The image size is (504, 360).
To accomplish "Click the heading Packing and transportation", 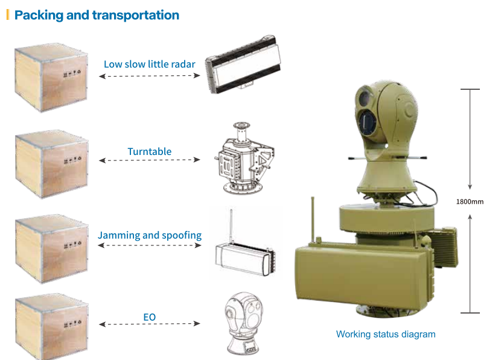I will pyautogui.click(x=97, y=15).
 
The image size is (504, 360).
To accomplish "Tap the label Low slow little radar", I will pyautogui.click(x=149, y=64).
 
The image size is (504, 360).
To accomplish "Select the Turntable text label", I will pyautogui.click(x=150, y=151).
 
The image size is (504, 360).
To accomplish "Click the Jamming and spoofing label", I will pyautogui.click(x=150, y=235).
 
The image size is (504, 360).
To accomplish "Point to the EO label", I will pyautogui.click(x=150, y=315).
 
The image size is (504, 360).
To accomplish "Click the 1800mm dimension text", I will pyautogui.click(x=470, y=202).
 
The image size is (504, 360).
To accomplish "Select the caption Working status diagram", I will pyautogui.click(x=385, y=334).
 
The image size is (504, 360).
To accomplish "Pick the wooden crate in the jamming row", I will pyautogui.click(x=51, y=247).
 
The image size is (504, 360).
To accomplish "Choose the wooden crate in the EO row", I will pyautogui.click(x=51, y=326).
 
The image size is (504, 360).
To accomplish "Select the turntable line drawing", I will pyautogui.click(x=243, y=160).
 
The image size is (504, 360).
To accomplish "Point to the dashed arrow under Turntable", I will pyautogui.click(x=149, y=160).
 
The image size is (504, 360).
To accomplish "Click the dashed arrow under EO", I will pyautogui.click(x=149, y=324).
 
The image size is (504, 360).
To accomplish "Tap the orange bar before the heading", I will pyautogui.click(x=8, y=14).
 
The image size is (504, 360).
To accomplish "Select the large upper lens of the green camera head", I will pyautogui.click(x=365, y=97).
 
